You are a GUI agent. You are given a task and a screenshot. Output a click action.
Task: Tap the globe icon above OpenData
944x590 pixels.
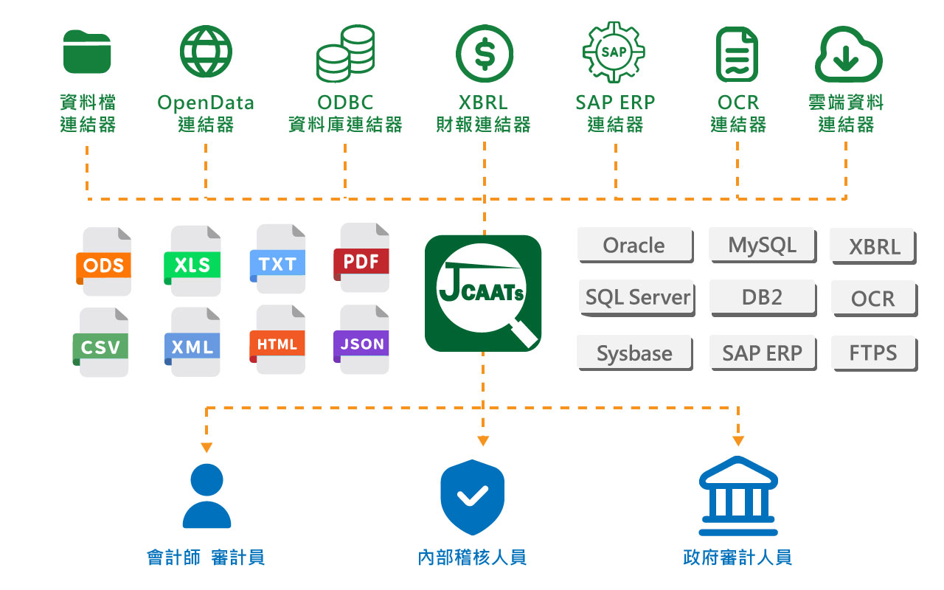[206, 51]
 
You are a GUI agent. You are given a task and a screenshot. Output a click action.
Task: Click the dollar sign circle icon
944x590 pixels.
[484, 52]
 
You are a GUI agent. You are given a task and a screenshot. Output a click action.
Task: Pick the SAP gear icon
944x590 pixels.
[614, 52]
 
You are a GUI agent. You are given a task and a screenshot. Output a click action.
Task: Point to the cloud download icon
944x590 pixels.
[847, 54]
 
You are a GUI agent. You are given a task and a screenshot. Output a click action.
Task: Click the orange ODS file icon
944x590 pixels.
[104, 261]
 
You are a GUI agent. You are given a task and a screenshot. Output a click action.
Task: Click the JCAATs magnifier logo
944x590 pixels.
[483, 293]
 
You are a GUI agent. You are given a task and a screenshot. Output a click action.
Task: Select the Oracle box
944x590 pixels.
[634, 245]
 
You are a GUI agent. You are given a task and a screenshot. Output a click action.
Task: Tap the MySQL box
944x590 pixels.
[762, 245]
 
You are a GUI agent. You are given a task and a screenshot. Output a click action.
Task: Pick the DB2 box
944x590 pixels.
[762, 297]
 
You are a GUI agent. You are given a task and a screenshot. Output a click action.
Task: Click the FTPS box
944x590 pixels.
[873, 353]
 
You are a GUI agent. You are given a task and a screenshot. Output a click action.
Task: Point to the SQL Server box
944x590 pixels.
[636, 297]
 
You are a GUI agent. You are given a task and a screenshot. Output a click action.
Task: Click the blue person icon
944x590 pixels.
[206, 495]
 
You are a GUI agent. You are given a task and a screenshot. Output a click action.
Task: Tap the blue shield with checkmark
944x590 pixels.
[472, 498]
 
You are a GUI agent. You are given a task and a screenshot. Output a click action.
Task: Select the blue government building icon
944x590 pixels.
[737, 496]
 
